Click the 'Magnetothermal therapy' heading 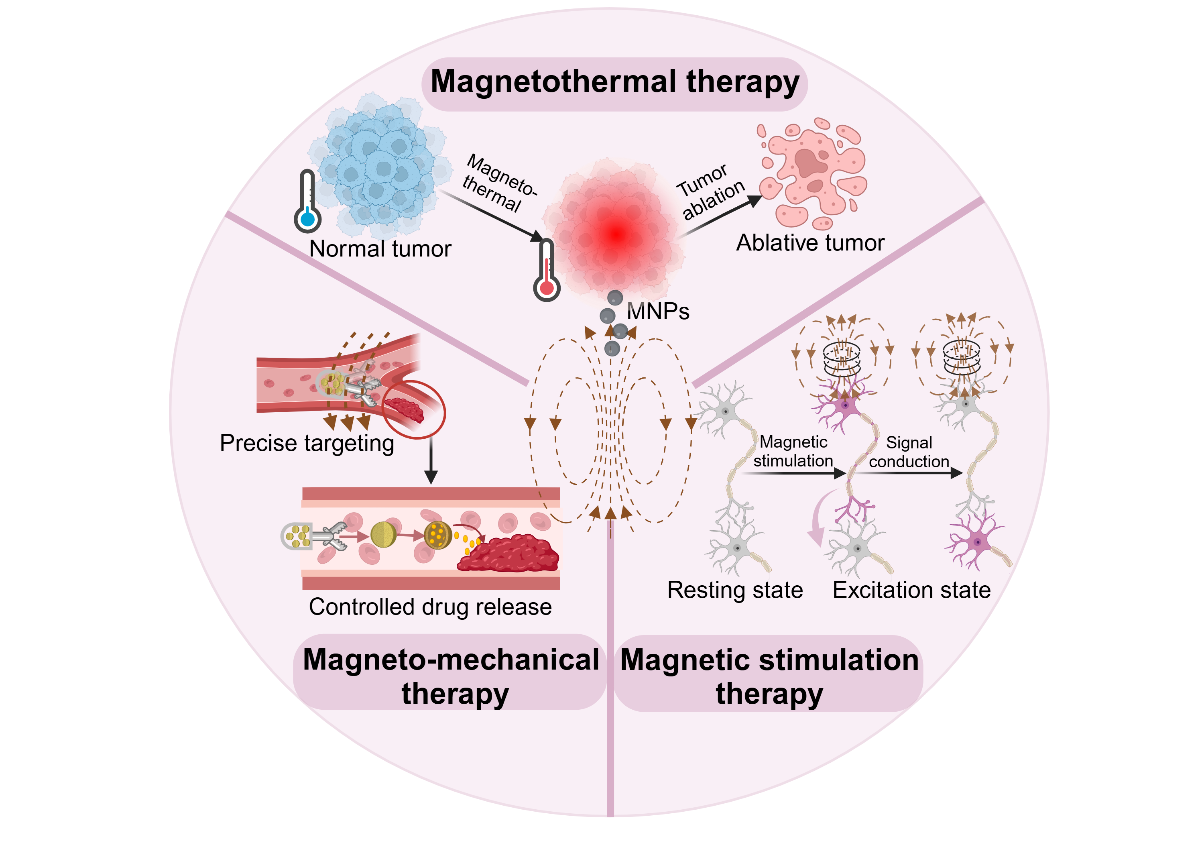coord(614,83)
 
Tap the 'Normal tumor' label coord(380,248)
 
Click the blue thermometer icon coord(307,202)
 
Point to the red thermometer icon coord(546,271)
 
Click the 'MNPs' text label coord(658,312)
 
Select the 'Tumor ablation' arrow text coord(710,192)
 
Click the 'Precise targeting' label coord(307,443)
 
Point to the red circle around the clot coord(414,409)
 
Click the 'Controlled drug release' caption coord(430,607)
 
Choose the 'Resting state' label coord(735,590)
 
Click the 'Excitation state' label coord(911,590)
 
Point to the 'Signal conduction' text coord(909,452)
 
